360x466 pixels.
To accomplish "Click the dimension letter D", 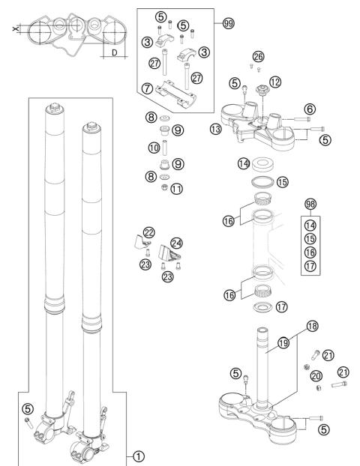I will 113,55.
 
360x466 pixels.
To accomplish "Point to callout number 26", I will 259,57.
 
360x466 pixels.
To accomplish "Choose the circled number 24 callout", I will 178,243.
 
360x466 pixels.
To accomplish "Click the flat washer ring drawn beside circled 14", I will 265,163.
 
